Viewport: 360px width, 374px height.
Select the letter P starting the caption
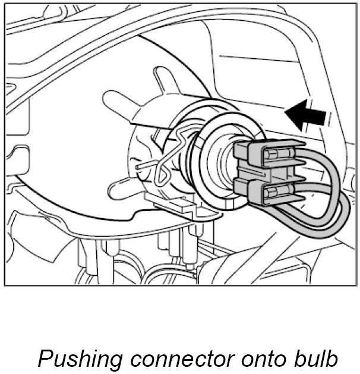45,358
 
